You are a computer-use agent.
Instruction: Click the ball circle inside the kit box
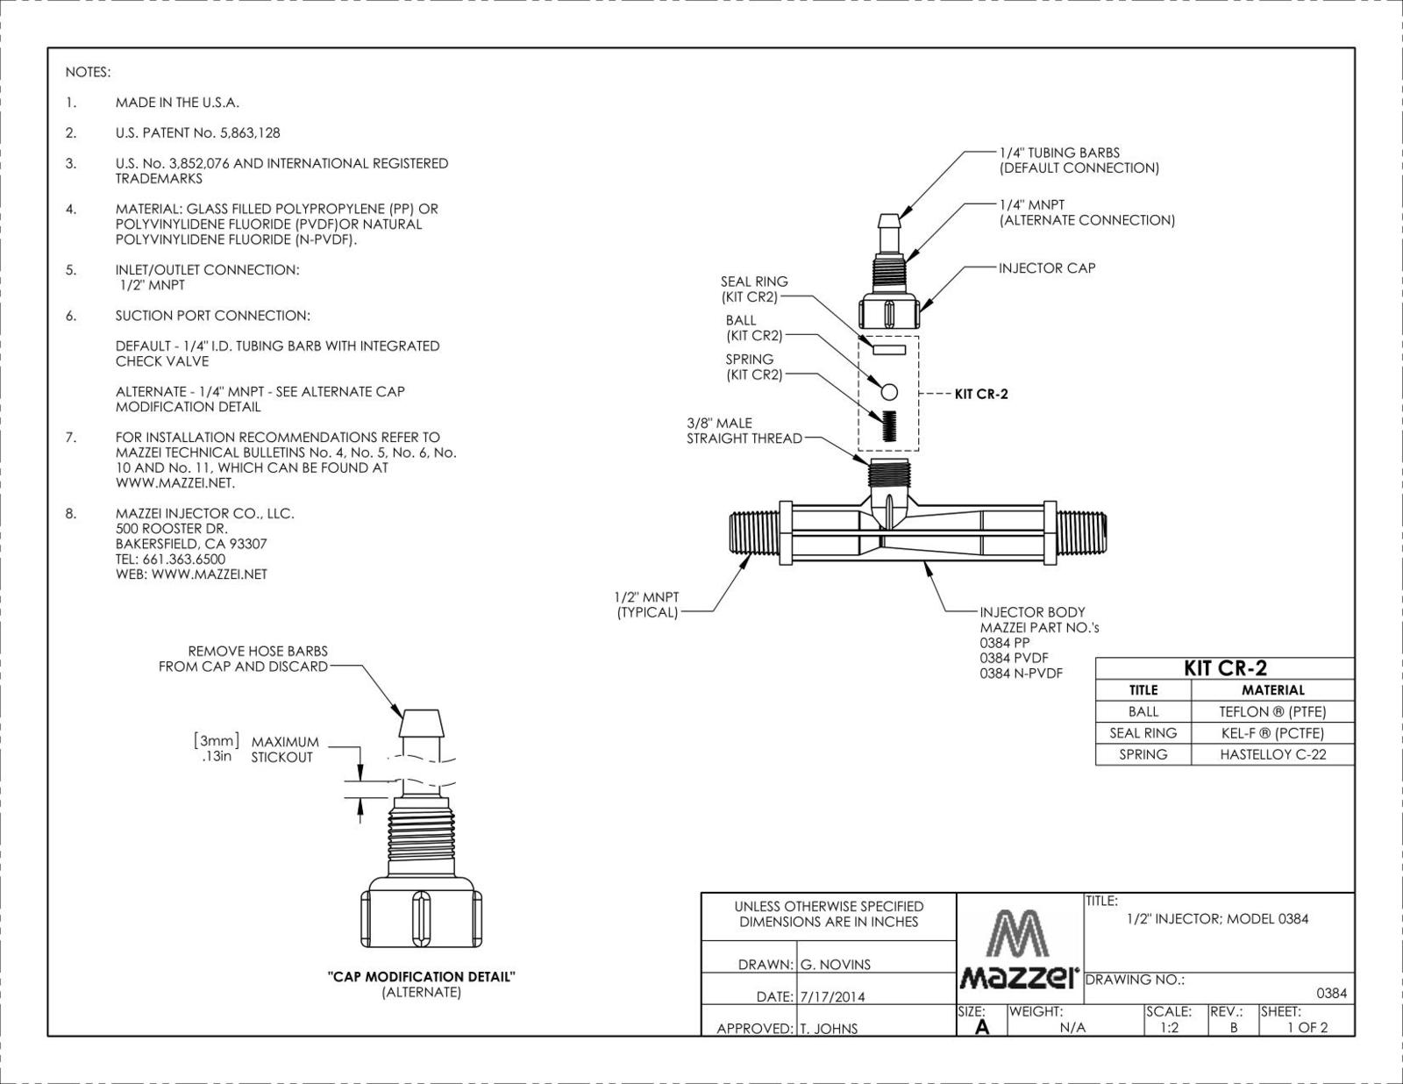coord(889,392)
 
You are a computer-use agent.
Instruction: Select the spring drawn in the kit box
coord(889,427)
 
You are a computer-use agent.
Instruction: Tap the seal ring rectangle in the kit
coord(888,350)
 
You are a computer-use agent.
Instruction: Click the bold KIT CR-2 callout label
coord(980,394)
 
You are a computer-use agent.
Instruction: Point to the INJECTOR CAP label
coord(1047,268)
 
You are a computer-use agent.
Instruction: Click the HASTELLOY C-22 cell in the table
coord(1272,754)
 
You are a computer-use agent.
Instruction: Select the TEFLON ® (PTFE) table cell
coord(1272,711)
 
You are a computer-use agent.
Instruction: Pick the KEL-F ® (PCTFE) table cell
coord(1272,733)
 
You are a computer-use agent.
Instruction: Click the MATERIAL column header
coord(1272,689)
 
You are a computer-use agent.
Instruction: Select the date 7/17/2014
coord(832,997)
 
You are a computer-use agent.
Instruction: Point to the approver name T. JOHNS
coord(829,1029)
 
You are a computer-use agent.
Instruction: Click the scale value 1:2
coord(1169,1027)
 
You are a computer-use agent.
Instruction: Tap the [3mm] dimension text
coord(217,740)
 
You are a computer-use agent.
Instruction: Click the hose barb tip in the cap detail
coord(421,723)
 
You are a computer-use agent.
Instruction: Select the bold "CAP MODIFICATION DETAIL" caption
coord(421,977)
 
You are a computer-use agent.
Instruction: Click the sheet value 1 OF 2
coord(1307,1027)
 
